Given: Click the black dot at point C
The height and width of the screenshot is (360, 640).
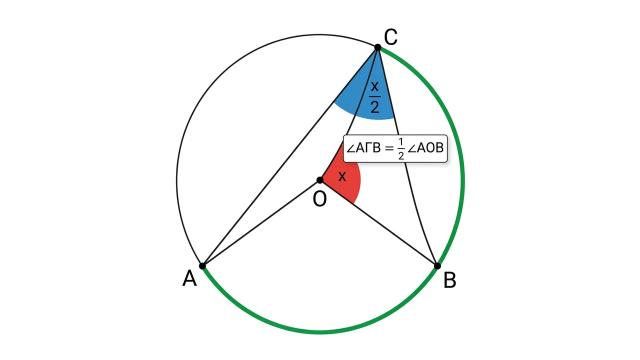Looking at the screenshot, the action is (377, 47).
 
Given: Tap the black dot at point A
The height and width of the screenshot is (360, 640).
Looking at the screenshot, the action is (202, 266).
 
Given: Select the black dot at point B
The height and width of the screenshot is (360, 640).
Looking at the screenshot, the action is (437, 266).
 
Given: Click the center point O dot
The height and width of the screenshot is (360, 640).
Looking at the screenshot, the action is (320, 180).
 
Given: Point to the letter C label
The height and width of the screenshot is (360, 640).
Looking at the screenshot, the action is (390, 37).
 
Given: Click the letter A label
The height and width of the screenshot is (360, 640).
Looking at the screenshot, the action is (189, 278).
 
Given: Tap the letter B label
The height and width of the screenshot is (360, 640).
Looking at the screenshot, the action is (449, 280).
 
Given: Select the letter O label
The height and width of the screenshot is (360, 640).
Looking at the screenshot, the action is (319, 199).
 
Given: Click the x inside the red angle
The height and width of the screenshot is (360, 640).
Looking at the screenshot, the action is (342, 176).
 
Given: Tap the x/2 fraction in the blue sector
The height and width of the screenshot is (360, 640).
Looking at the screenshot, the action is (374, 97).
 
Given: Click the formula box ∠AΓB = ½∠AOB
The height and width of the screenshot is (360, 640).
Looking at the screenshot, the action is (395, 148).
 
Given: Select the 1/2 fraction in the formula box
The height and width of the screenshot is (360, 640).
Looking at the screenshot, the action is (401, 148).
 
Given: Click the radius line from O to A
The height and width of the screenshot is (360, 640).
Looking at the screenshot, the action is (261, 223).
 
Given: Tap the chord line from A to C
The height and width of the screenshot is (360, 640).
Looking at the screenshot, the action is (290, 157).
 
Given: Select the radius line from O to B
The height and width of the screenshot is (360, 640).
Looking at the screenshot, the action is (378, 223).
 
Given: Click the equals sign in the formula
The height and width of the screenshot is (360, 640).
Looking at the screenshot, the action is (389, 148).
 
